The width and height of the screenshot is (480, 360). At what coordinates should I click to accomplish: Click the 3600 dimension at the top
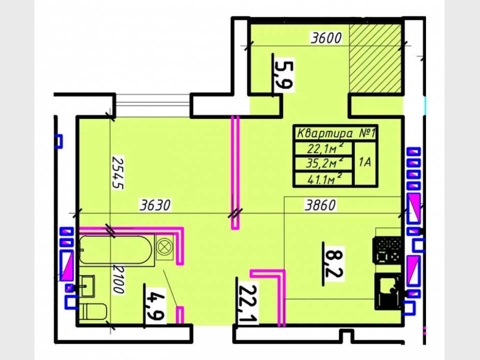(325, 38)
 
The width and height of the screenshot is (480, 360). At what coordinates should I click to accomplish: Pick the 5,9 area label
(283, 74)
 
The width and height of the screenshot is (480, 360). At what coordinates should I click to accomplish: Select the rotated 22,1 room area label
(247, 304)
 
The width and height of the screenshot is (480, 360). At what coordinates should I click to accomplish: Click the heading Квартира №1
(336, 134)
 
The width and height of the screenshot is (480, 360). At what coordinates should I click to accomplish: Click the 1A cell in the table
(365, 162)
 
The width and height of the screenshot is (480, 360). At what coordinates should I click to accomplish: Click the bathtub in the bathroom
(116, 250)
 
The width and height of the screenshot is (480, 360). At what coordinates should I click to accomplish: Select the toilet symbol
(93, 311)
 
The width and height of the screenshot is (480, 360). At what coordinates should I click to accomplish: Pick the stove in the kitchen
(387, 249)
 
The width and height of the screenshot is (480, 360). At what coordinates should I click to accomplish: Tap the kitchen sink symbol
(388, 289)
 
